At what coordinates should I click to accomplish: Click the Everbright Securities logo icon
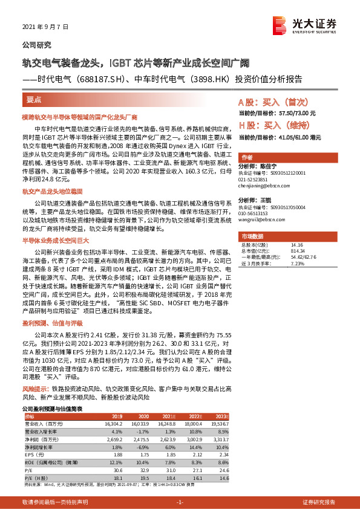point(279,24)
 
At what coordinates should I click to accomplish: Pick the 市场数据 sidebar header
point(252,236)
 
